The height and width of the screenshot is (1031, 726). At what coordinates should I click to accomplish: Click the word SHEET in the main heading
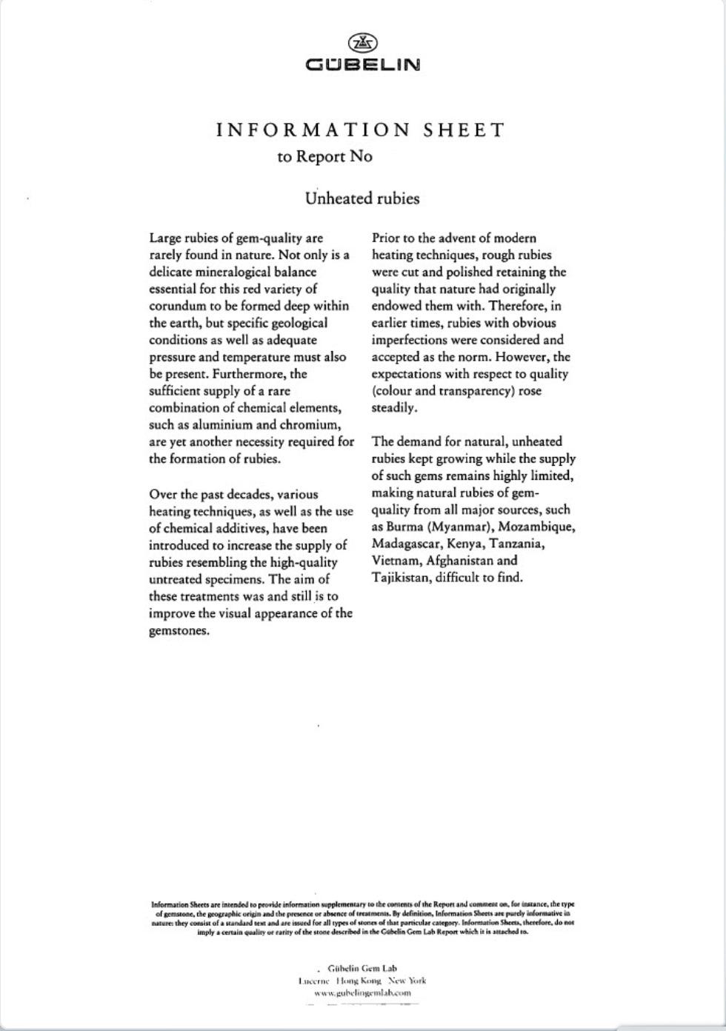(464, 130)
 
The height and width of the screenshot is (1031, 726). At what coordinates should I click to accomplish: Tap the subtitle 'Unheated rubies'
(362, 198)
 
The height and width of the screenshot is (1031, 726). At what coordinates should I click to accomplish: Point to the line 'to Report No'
(324, 156)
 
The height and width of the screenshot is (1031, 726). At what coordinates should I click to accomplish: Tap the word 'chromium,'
(310, 425)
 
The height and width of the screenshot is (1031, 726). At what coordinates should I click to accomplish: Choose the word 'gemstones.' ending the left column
(179, 631)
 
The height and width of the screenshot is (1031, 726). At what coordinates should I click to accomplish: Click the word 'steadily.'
(394, 407)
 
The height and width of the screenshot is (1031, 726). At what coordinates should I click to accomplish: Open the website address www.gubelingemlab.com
(362, 992)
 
